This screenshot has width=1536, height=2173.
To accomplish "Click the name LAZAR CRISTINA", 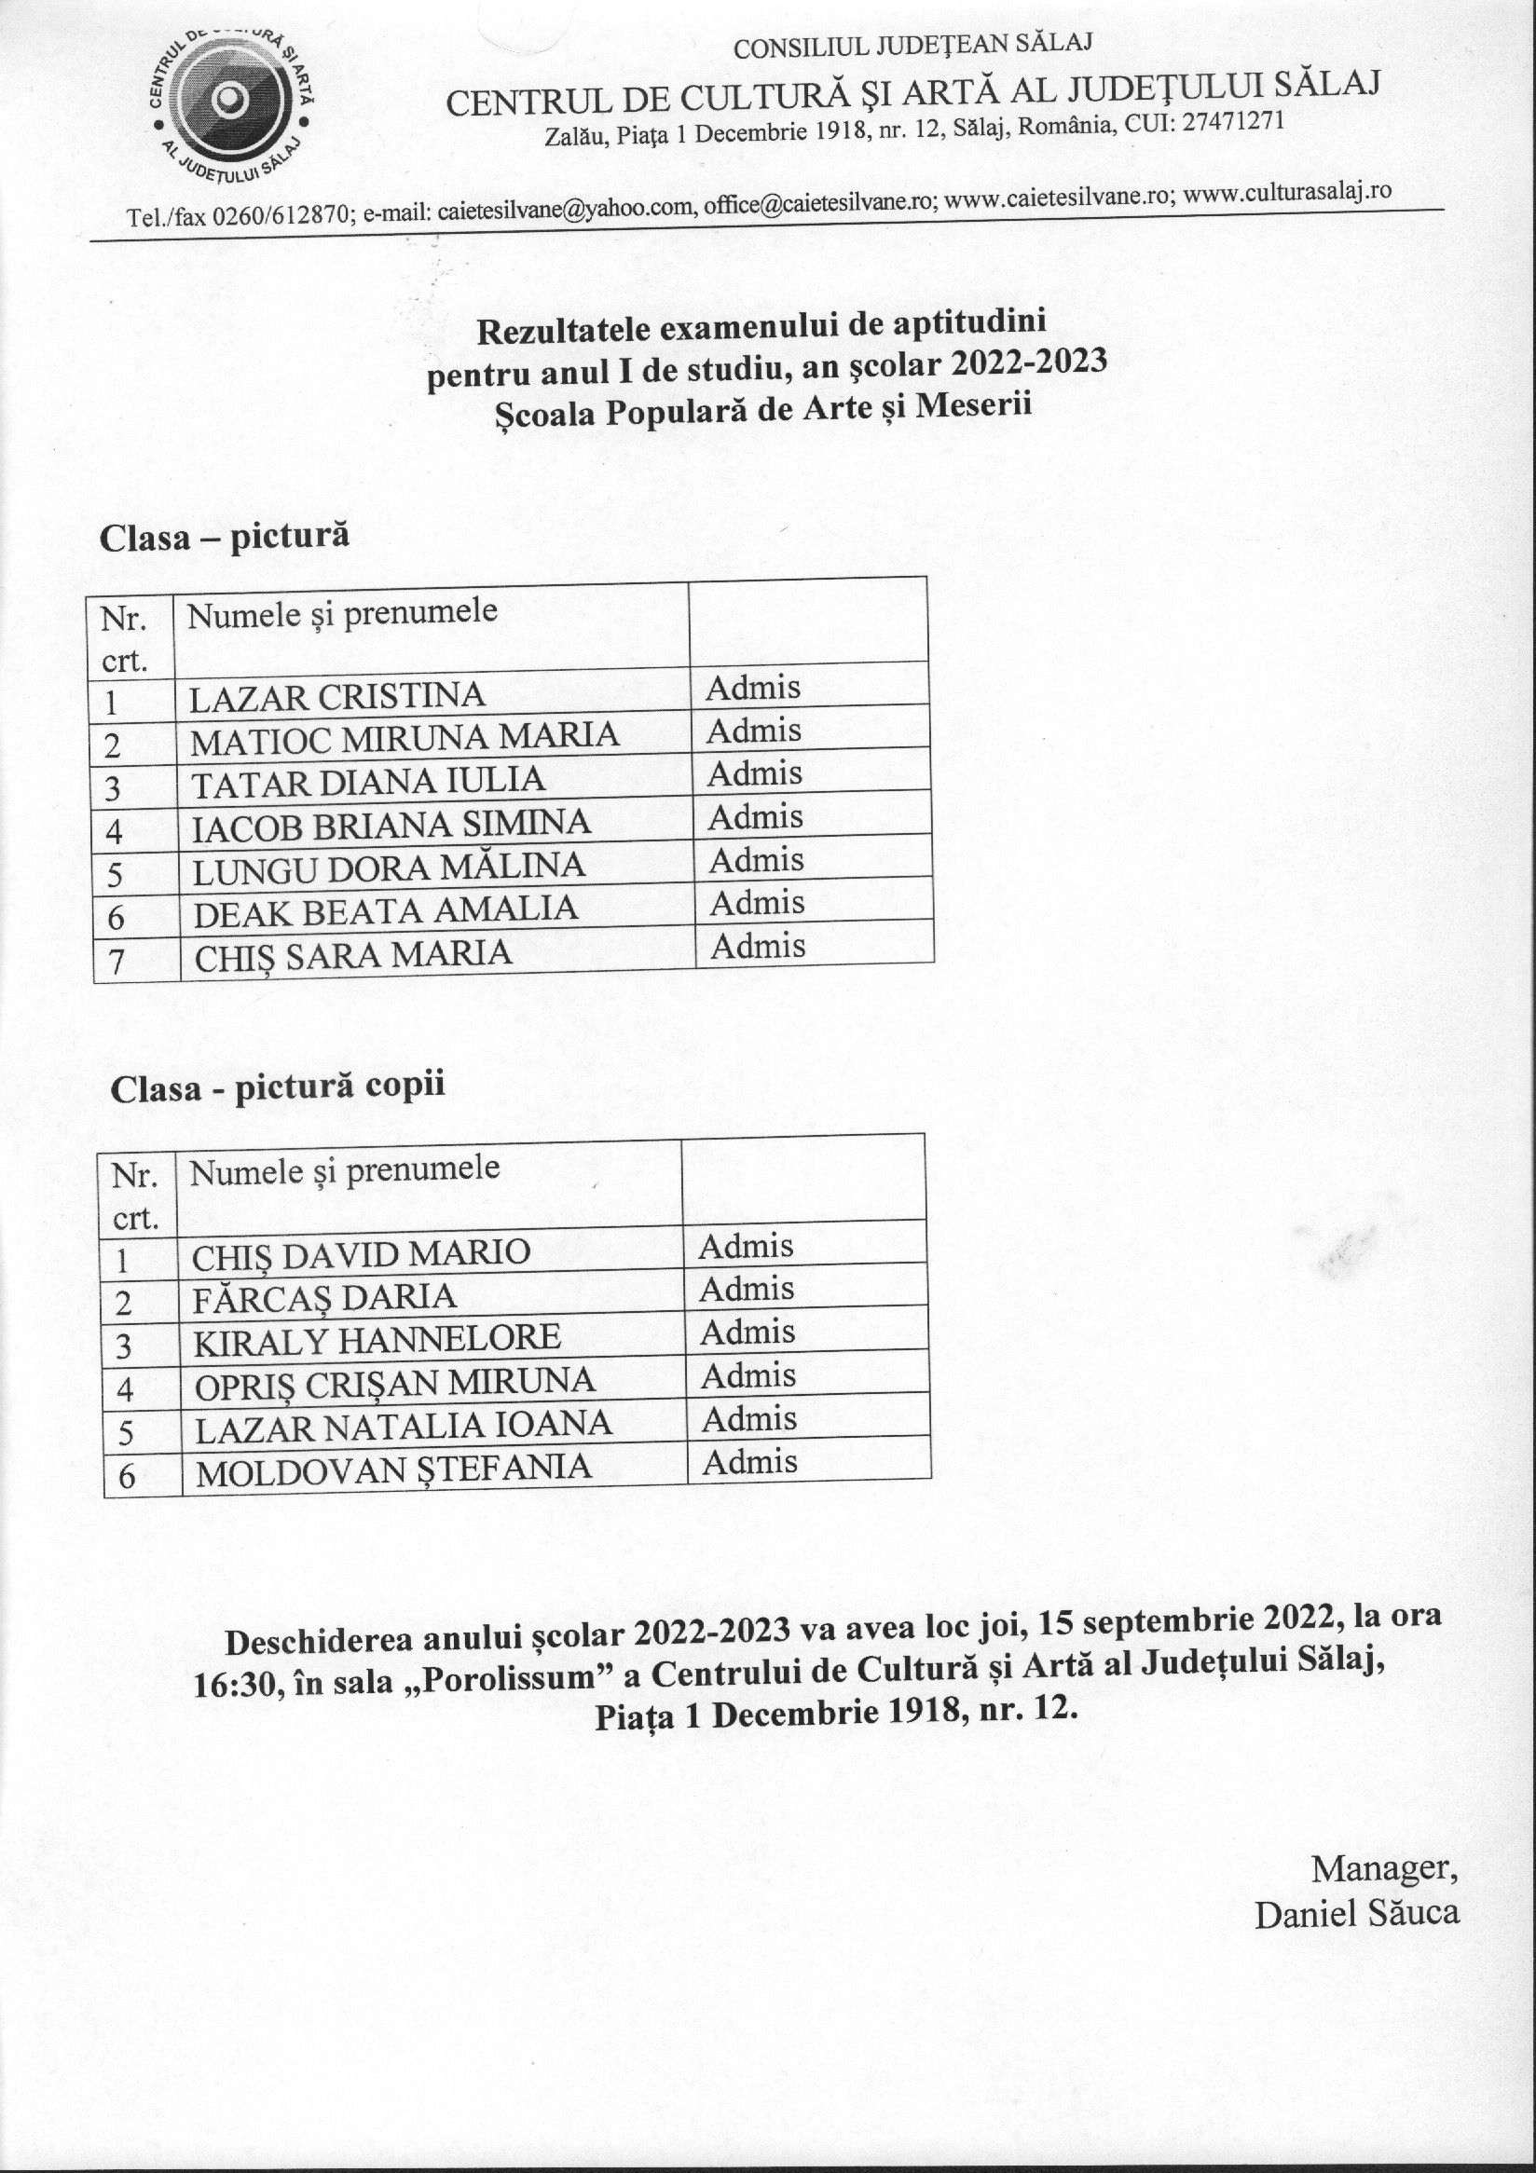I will [x=336, y=697].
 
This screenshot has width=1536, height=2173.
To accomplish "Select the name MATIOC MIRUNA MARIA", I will [x=405, y=738].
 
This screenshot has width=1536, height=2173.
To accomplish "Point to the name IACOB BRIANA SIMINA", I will [x=391, y=825].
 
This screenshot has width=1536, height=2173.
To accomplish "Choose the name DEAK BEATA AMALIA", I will [x=384, y=909].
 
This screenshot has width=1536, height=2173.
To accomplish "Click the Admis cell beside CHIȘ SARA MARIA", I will [x=757, y=946].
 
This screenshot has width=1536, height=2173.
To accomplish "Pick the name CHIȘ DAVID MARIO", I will [x=361, y=1253].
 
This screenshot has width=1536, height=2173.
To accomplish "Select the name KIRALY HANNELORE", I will [x=376, y=1338].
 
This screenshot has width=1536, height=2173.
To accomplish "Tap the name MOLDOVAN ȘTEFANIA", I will [x=392, y=1468].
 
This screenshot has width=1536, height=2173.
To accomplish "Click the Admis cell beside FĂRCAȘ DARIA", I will [x=746, y=1289].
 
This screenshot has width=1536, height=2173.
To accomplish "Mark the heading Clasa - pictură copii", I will [x=278, y=1086].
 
